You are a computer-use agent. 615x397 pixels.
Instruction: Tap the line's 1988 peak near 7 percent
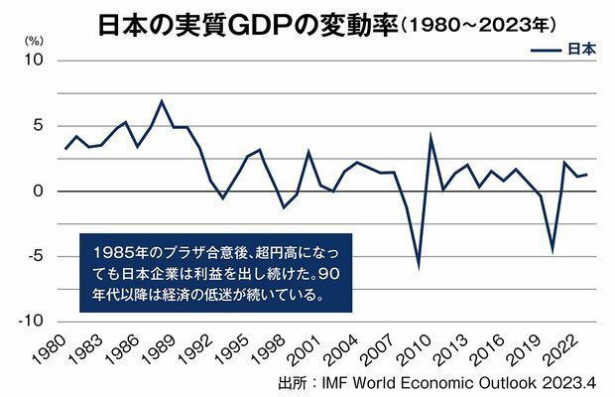tap(163, 101)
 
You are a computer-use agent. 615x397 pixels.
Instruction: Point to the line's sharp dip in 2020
tap(553, 250)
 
